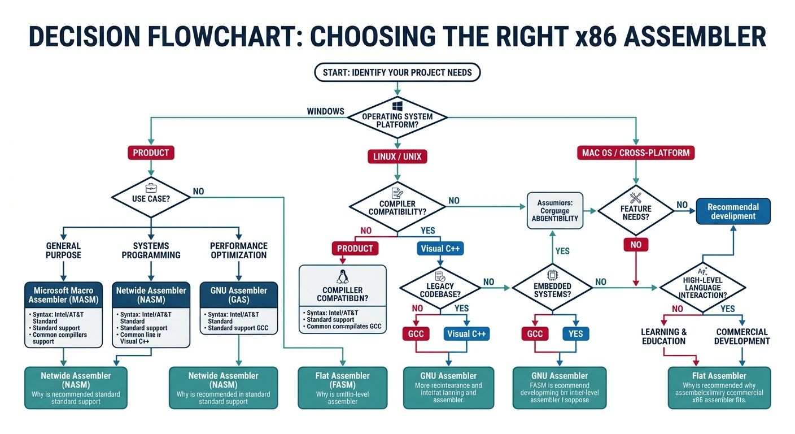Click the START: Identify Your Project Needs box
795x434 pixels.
(x=397, y=72)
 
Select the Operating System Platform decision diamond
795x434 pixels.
(x=397, y=118)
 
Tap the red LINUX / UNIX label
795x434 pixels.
(x=397, y=156)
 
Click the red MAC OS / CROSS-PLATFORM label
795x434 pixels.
(x=635, y=153)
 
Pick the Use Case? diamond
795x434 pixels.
(x=150, y=198)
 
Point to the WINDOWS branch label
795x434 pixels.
(x=325, y=111)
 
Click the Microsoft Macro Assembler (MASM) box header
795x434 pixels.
(x=64, y=294)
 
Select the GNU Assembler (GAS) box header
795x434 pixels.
(x=239, y=294)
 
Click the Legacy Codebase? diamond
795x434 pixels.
(x=440, y=287)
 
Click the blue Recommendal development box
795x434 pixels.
(x=733, y=211)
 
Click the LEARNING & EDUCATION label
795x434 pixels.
(x=663, y=336)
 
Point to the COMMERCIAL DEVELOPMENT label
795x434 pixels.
(x=741, y=336)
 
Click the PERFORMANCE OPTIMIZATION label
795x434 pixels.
(x=238, y=250)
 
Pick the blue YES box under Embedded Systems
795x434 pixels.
(x=575, y=333)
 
